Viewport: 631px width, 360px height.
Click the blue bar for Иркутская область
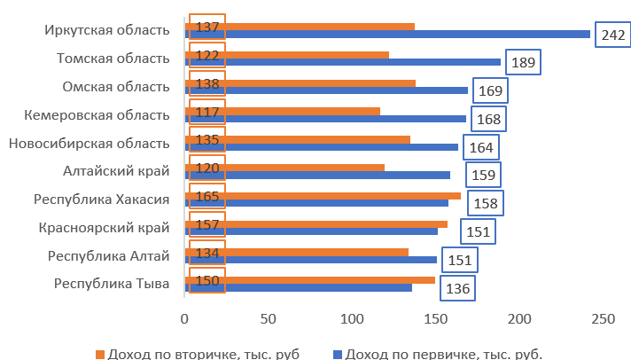(x=387, y=35)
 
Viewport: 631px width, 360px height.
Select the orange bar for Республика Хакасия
(x=323, y=195)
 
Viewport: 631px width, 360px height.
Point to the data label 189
(x=523, y=64)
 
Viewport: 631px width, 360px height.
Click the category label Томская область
(x=113, y=59)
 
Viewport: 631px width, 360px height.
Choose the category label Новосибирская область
(x=88, y=143)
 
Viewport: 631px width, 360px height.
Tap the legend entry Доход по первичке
(x=443, y=354)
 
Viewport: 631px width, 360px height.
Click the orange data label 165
(x=207, y=196)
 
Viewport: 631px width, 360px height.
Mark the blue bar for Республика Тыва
(x=299, y=288)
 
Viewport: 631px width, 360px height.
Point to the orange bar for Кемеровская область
(x=283, y=111)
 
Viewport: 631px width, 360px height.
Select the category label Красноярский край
(x=105, y=228)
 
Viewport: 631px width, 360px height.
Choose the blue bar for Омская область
(x=326, y=90)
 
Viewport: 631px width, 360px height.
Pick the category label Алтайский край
(x=116, y=171)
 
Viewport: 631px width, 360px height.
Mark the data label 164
(x=481, y=148)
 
